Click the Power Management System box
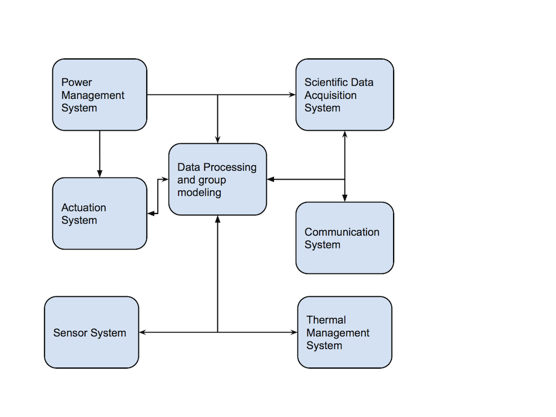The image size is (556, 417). [x=100, y=95]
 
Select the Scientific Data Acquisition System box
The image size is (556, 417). [x=345, y=95]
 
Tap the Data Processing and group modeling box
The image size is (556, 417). [x=217, y=179]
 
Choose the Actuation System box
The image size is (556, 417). [x=100, y=214]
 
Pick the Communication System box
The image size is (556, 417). [x=345, y=238]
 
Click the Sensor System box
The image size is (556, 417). [x=91, y=332]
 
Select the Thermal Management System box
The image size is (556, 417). [x=345, y=332]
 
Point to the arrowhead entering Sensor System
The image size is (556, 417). [x=142, y=332]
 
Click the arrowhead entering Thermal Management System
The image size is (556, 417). [x=295, y=332]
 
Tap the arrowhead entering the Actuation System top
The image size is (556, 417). [x=100, y=174]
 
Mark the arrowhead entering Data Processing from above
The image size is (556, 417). [x=217, y=140]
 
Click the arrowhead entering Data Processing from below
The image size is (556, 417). [x=217, y=219]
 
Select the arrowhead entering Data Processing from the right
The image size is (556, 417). [x=270, y=180]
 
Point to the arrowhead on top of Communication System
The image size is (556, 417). [x=345, y=198]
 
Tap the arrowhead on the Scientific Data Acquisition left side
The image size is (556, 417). [x=293, y=95]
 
